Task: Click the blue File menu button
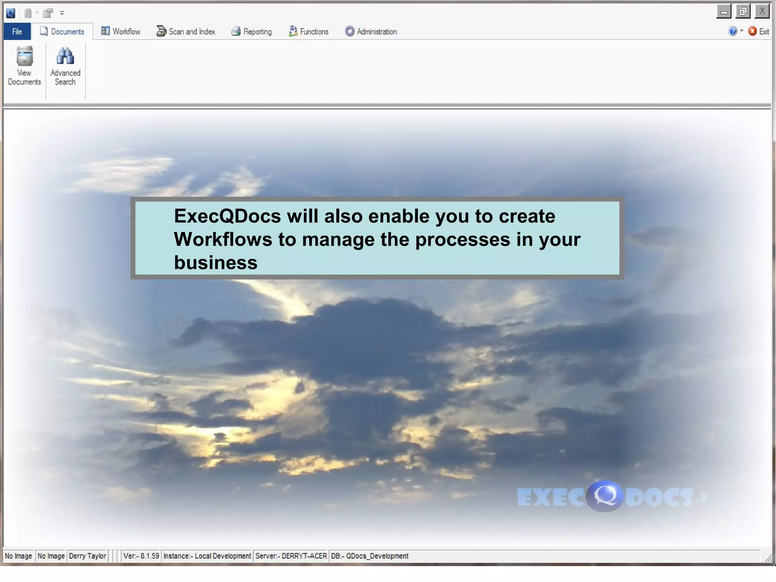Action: click(x=17, y=32)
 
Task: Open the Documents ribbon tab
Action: click(x=63, y=32)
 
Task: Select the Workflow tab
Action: click(x=121, y=32)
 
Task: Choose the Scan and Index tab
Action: click(x=186, y=32)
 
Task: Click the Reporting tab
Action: click(x=252, y=32)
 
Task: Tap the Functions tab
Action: click(x=308, y=32)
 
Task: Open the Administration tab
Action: click(x=371, y=32)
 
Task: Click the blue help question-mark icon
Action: click(x=732, y=31)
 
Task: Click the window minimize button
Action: click(x=724, y=12)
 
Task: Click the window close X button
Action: click(x=762, y=11)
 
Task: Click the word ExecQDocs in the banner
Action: click(x=227, y=216)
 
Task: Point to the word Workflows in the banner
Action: click(x=223, y=239)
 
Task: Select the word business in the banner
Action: click(x=216, y=263)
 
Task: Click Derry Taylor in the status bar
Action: click(x=88, y=556)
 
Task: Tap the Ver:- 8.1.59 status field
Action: click(x=141, y=556)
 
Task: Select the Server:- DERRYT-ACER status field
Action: click(x=291, y=556)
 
